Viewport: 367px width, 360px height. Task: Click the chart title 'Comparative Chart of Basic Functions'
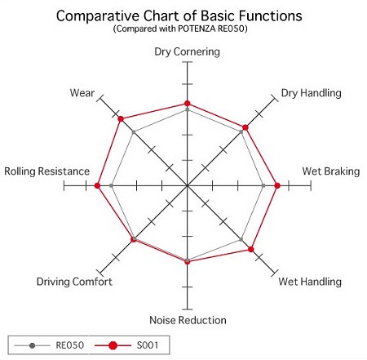(x=179, y=16)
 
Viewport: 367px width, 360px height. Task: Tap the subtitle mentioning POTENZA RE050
(x=180, y=29)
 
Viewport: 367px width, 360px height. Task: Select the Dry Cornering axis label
(x=187, y=51)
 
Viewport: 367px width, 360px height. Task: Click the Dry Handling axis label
(x=311, y=93)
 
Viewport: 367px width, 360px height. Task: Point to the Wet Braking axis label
(x=331, y=171)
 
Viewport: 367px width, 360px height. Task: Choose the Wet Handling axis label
(x=310, y=282)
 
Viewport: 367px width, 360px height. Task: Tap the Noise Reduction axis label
(x=188, y=320)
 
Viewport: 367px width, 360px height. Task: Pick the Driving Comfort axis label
(x=74, y=282)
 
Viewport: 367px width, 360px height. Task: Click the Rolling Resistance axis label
(x=46, y=171)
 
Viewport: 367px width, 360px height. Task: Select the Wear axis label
(x=82, y=93)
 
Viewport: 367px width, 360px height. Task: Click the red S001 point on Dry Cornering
(x=187, y=104)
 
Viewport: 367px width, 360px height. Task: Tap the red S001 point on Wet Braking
(x=277, y=185)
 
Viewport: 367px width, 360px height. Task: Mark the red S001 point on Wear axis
(x=121, y=119)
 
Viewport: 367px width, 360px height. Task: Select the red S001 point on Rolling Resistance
(x=97, y=185)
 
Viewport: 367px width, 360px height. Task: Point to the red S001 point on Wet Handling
(x=251, y=249)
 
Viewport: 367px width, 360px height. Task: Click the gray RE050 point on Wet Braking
(x=263, y=185)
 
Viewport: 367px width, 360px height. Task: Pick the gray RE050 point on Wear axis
(x=133, y=132)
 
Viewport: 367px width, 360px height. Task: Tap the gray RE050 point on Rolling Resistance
(x=111, y=185)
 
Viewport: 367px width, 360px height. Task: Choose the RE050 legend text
(x=70, y=345)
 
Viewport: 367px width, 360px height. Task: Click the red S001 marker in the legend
(x=113, y=345)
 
